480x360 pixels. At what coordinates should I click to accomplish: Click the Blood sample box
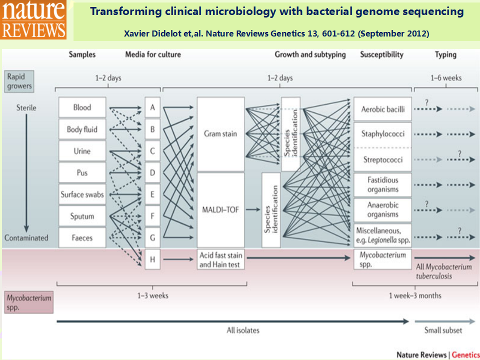(x=82, y=107)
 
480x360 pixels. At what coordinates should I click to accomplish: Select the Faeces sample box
(x=82, y=237)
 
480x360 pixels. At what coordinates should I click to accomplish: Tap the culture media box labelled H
(x=152, y=259)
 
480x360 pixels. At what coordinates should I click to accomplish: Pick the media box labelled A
(x=152, y=107)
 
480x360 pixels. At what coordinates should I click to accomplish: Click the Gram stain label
(x=220, y=134)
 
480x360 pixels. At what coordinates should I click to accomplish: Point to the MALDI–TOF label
(x=220, y=209)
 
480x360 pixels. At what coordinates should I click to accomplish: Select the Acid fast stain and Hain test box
(x=220, y=259)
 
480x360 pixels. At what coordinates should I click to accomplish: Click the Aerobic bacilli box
(x=382, y=109)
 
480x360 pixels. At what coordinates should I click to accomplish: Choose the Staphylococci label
(x=382, y=134)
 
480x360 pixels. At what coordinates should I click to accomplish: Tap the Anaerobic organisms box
(x=382, y=209)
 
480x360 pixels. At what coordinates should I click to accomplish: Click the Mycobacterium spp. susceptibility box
(x=382, y=259)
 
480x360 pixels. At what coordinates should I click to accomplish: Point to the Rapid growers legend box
(x=19, y=81)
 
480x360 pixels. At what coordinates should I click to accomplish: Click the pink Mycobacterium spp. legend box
(x=29, y=302)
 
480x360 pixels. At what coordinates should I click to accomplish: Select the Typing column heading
(x=445, y=55)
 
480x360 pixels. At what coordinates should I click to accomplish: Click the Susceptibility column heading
(x=381, y=55)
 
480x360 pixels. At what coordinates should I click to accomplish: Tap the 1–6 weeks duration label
(x=446, y=78)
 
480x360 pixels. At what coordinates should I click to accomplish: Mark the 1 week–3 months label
(x=415, y=295)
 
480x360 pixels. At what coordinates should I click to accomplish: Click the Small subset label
(x=443, y=330)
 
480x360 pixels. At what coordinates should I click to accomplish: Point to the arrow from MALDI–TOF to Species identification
(x=253, y=209)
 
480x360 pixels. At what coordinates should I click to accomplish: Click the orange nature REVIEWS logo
(x=33, y=19)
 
